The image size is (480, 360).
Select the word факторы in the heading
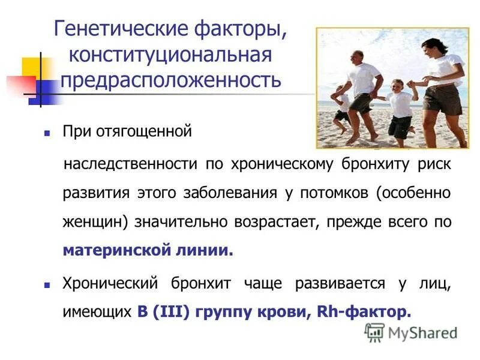[x=237, y=29]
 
